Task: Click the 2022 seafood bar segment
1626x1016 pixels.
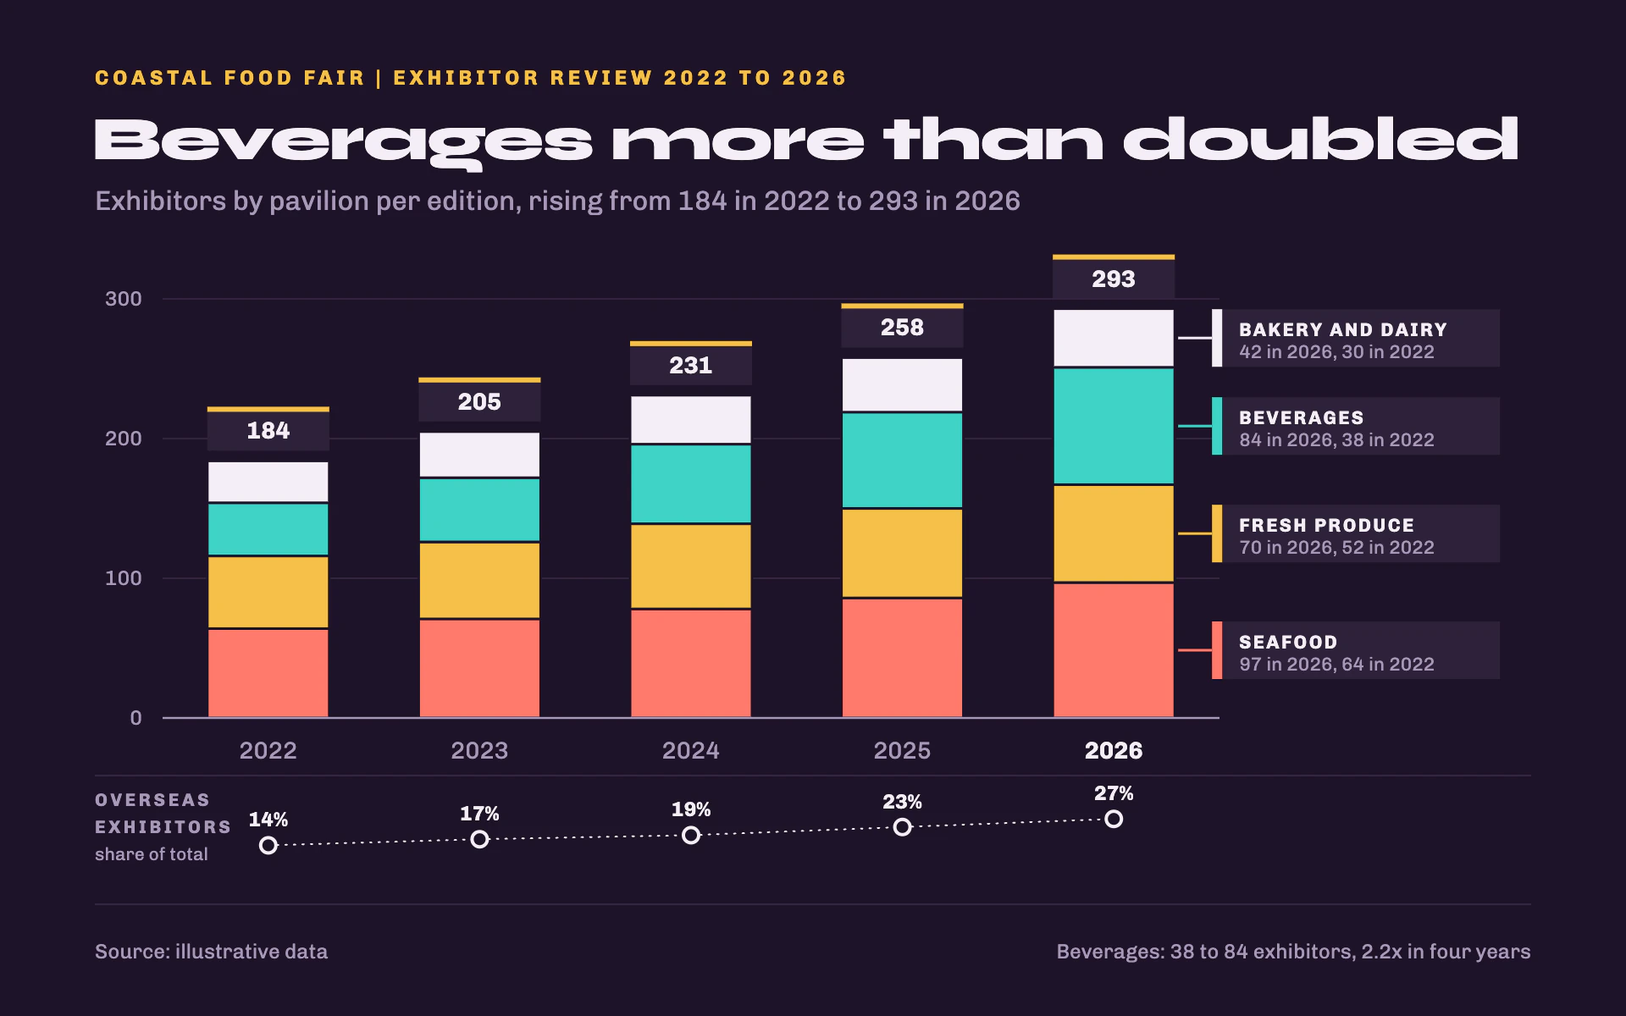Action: [x=268, y=673]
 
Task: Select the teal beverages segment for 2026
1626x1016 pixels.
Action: [x=1114, y=426]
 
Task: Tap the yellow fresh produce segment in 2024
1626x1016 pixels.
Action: [x=691, y=566]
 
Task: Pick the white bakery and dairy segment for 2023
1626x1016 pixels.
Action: [x=479, y=455]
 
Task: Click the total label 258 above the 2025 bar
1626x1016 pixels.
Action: [x=902, y=328]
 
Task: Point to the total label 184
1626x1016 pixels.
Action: [x=268, y=431]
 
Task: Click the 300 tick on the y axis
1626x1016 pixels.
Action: [x=124, y=299]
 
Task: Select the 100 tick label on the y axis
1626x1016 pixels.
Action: [x=124, y=578]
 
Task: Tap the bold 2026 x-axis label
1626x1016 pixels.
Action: [x=1114, y=751]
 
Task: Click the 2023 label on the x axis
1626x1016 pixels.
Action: [x=479, y=751]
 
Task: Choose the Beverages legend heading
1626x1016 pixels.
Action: [x=1302, y=418]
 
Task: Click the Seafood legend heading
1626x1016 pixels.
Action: [x=1288, y=643]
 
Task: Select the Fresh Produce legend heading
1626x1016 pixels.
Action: [x=1327, y=526]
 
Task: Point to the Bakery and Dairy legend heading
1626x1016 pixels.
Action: [x=1343, y=330]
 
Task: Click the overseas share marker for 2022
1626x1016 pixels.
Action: [x=268, y=845]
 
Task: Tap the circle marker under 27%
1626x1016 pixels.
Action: [x=1114, y=819]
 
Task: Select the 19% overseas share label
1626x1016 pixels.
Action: [x=691, y=810]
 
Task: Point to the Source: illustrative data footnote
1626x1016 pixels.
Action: [x=211, y=952]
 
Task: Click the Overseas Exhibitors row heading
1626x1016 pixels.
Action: [x=163, y=814]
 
